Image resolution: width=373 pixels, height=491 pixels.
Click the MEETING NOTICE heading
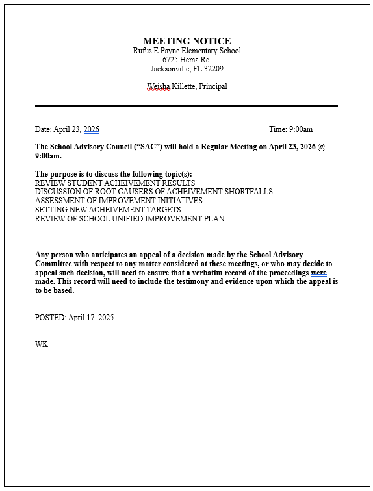186,41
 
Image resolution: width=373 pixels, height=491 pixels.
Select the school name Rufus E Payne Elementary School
186,51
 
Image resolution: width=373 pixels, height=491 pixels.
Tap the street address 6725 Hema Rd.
186,60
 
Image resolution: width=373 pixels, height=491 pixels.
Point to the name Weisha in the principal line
158,86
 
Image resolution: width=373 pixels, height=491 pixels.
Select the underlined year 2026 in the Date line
91,129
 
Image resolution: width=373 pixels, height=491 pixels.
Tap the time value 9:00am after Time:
300,129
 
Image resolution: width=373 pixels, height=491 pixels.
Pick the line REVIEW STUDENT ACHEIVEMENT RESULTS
106,183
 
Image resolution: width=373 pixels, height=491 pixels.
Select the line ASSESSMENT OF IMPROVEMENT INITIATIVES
118,201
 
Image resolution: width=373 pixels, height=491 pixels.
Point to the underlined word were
318,273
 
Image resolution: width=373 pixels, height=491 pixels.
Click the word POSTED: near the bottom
51,318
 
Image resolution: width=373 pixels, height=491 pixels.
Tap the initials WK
42,344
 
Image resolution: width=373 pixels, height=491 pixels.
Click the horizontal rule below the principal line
186,105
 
